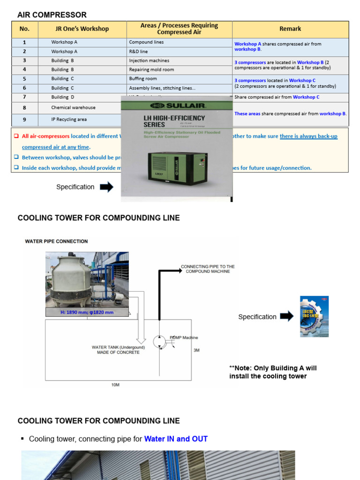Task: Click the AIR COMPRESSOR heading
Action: click(52, 15)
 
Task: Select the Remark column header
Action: click(290, 29)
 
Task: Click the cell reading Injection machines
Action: click(149, 60)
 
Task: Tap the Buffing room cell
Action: click(143, 79)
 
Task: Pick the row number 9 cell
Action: click(24, 120)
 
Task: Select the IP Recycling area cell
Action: click(69, 120)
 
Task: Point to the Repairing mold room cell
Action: click(151, 69)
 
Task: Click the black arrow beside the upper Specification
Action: click(106, 187)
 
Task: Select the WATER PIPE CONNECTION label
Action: click(56, 241)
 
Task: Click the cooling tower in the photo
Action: click(71, 279)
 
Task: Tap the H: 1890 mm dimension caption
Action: click(87, 312)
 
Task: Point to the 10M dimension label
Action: click(115, 385)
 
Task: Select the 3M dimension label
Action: click(196, 350)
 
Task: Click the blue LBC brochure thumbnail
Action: click(314, 316)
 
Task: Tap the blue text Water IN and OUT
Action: click(176, 439)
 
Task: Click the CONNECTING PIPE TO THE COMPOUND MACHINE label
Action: click(208, 269)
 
